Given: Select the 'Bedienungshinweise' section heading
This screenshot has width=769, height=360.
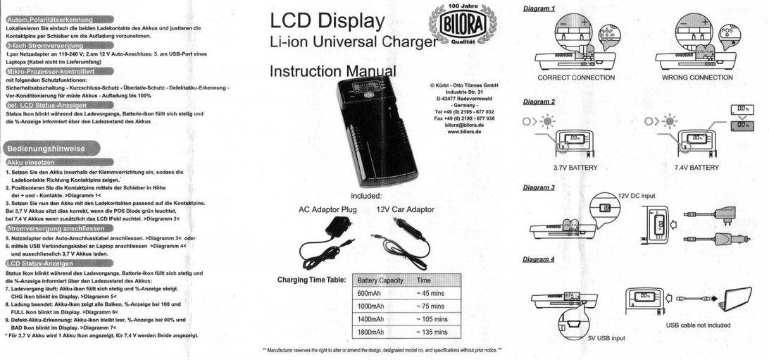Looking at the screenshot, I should [x=46, y=149].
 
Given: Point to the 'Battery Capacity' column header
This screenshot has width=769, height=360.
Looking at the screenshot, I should [x=380, y=280].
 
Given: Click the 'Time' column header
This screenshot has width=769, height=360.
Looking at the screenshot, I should [x=424, y=280].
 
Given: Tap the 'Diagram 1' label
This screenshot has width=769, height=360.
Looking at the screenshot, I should [x=539, y=8].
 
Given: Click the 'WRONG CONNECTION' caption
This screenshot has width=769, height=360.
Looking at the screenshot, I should [x=697, y=77].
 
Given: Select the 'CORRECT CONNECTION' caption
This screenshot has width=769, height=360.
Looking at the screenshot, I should [x=576, y=77].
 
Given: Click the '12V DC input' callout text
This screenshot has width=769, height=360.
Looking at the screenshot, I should [x=637, y=195].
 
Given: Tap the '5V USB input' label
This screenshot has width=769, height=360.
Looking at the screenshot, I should [x=606, y=338].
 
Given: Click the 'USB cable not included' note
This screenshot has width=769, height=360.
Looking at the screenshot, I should [x=698, y=325].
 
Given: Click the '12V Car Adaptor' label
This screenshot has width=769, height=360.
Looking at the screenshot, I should [x=405, y=209].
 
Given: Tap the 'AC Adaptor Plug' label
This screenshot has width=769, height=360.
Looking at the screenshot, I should [x=327, y=209].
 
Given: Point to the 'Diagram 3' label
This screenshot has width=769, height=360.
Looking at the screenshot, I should [x=539, y=188].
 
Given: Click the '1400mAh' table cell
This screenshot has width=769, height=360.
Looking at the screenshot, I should [x=371, y=319].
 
